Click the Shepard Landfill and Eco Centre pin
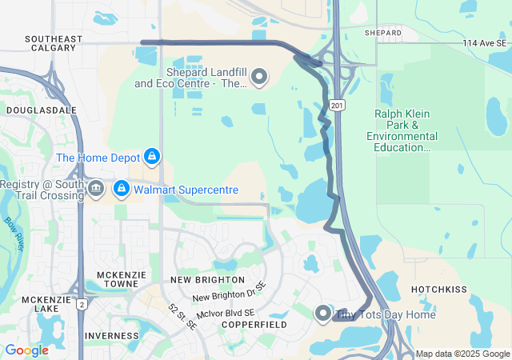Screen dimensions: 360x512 (x=258, y=77)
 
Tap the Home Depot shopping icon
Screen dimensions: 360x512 (x=151, y=156)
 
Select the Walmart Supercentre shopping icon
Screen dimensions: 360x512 (x=121, y=189)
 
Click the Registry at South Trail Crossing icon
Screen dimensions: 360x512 (x=95, y=189)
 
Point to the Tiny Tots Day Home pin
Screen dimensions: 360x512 (x=323, y=314)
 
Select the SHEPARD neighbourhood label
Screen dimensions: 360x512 (x=382, y=33)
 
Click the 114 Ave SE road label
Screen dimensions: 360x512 (x=485, y=43)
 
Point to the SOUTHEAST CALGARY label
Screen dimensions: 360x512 (x=54, y=43)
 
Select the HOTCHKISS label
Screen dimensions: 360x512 (x=438, y=289)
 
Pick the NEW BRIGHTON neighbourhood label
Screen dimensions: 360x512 (x=208, y=280)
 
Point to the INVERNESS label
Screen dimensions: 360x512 (x=106, y=335)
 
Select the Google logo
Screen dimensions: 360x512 (x=26, y=350)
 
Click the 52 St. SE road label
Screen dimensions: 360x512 (x=183, y=318)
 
